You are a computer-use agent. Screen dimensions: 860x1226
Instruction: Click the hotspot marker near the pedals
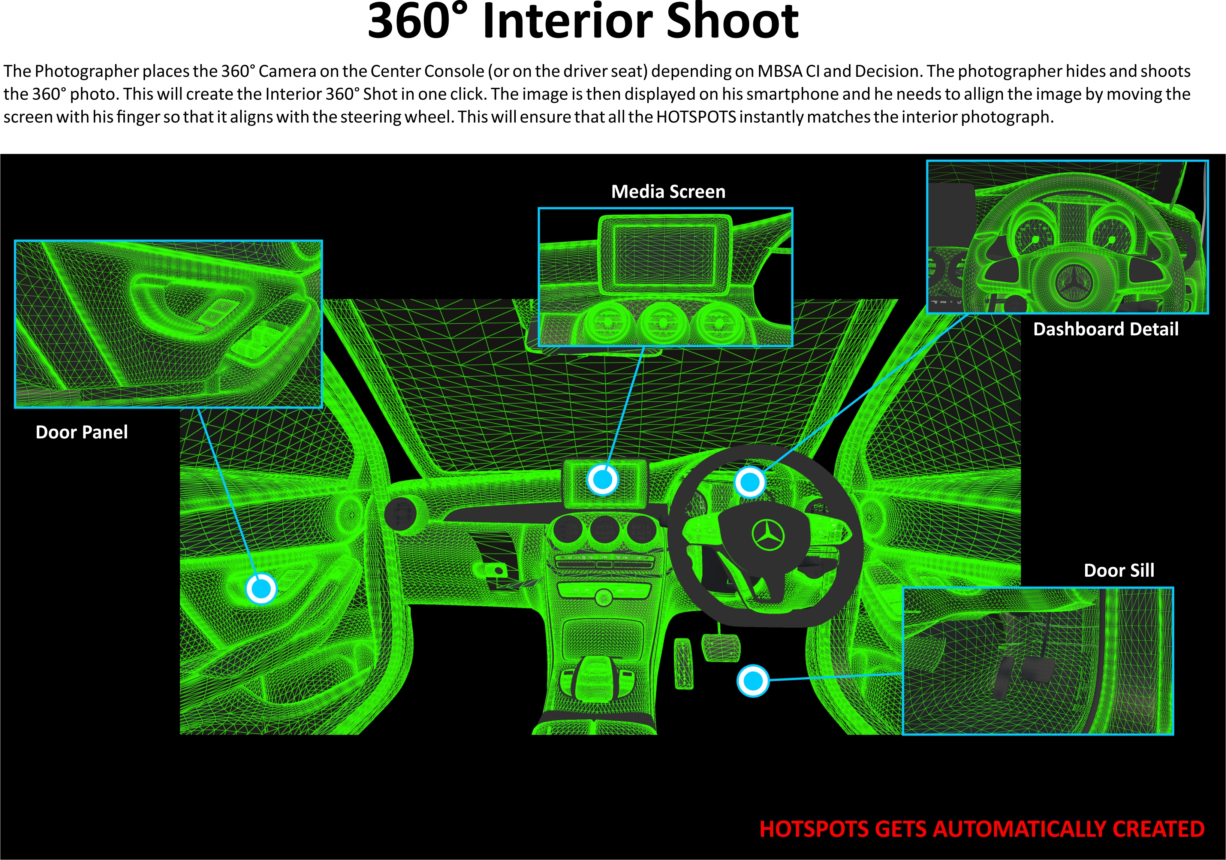pyautogui.click(x=753, y=681)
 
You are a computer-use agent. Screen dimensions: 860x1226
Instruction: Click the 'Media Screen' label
pyautogui.click(x=668, y=191)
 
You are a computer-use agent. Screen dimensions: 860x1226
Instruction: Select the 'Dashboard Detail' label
pyautogui.click(x=1105, y=329)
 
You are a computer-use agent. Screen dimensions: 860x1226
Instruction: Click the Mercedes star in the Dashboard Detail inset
pyautogui.click(x=1070, y=282)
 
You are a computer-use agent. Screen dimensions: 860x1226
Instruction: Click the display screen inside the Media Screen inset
pyautogui.click(x=664, y=255)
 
